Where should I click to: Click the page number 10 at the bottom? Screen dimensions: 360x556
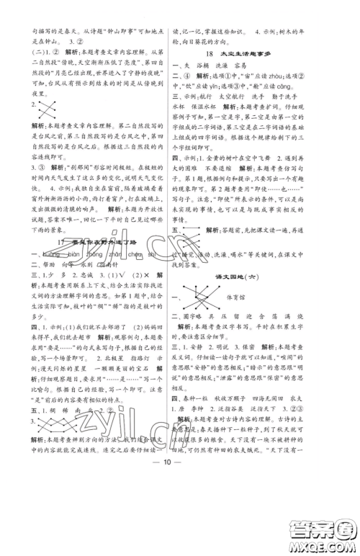pyautogui.click(x=180, y=523)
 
